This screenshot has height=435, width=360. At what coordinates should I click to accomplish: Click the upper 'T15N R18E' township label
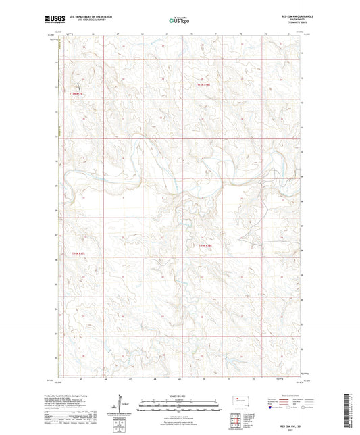[205, 85]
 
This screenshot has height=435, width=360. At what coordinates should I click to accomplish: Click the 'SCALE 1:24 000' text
[180, 395]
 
